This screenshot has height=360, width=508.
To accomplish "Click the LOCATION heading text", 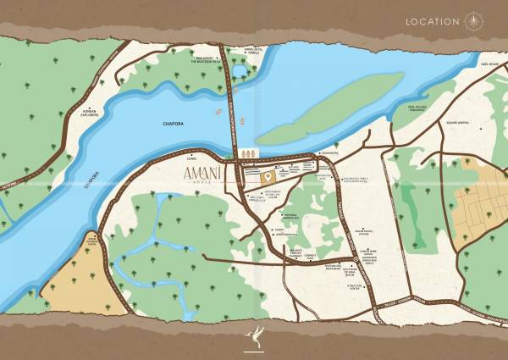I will click(433, 21).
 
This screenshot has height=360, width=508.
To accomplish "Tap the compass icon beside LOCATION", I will click(472, 21).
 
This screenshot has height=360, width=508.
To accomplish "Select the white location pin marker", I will click(267, 176).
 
